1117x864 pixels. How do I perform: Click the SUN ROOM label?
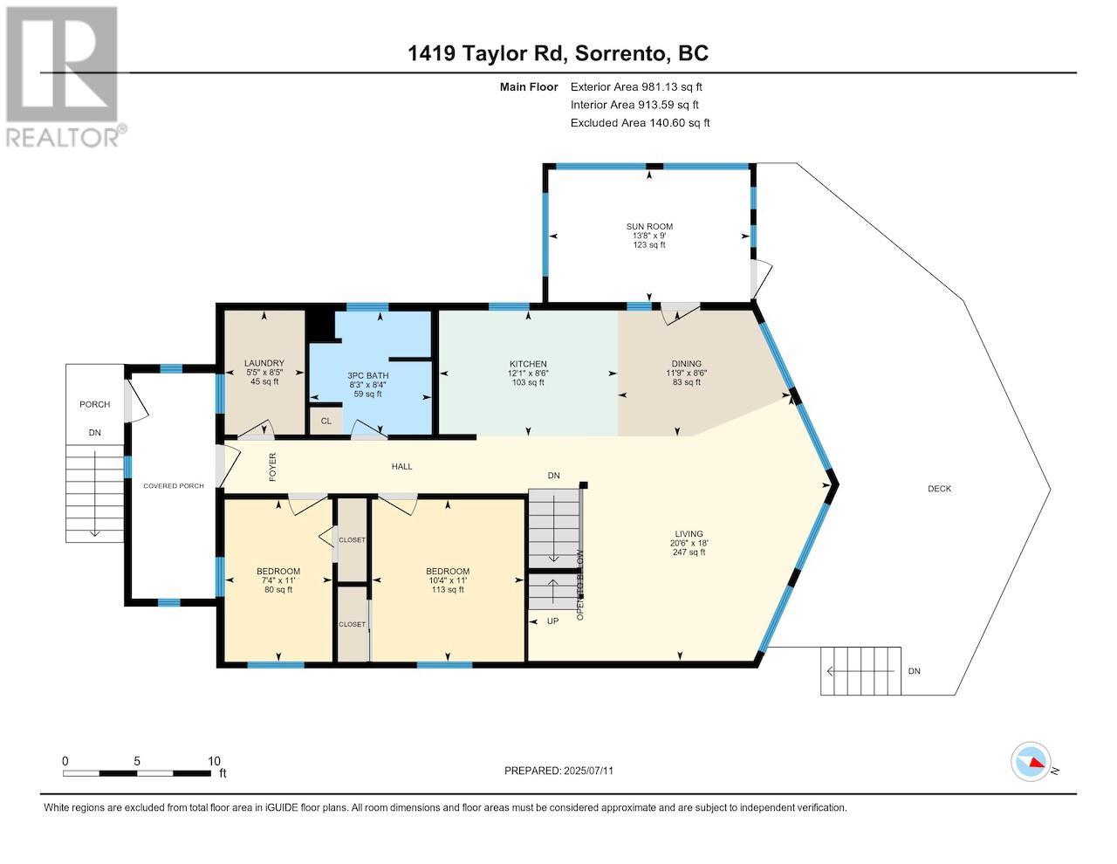pos(648,227)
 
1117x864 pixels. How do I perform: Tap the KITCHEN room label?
pos(528,364)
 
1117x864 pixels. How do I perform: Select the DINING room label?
pos(686,364)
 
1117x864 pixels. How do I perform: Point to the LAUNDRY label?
pos(264,363)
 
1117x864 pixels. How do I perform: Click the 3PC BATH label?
pos(367,375)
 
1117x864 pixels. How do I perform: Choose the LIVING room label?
pos(688,534)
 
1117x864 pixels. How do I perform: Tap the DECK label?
pos(939,489)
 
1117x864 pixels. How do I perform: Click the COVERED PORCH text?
pos(174,485)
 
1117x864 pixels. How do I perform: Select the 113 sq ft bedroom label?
pos(447,572)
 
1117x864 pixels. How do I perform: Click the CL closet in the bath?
pos(326,421)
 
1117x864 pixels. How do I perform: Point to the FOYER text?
pos(272,467)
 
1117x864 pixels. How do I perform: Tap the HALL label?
pos(401,467)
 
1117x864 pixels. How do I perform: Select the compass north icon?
pos(1031,762)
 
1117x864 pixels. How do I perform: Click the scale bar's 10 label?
pos(215,760)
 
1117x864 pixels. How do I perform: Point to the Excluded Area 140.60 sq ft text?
pos(640,123)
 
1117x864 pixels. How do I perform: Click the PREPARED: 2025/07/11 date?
pos(565,771)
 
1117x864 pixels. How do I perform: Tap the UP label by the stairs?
pos(552,621)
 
